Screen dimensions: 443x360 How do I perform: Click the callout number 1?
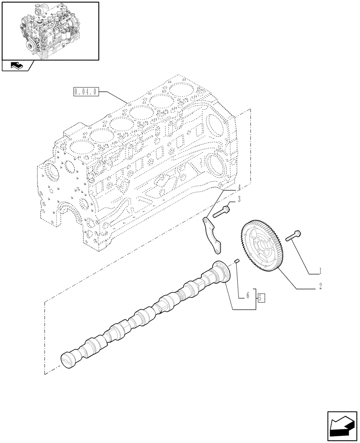coord(320,270)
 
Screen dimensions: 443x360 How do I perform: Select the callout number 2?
coord(320,287)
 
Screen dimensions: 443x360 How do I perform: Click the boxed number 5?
coord(261,297)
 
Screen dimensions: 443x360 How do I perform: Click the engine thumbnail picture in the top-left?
coord(50,31)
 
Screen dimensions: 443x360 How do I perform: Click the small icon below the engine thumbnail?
coord(17,66)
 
